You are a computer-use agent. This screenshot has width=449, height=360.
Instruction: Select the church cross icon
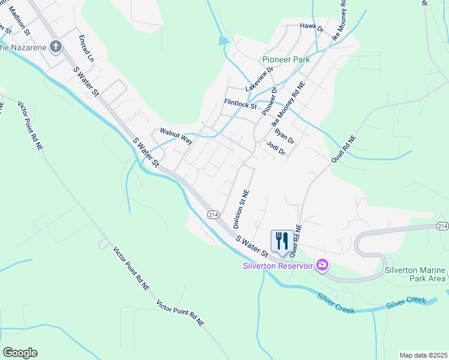coord(55,46)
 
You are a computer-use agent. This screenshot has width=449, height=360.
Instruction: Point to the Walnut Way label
coord(176,136)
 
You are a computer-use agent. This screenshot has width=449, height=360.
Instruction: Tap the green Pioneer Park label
coord(286,60)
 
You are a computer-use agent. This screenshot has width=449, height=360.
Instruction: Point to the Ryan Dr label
coord(285,136)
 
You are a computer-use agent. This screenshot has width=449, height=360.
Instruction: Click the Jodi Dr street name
coord(275,148)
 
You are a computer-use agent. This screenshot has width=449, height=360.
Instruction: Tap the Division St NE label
coord(241,209)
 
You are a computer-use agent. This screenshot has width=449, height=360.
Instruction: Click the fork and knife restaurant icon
coord(282,241)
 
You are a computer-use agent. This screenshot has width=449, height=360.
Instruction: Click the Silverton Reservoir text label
coord(278,266)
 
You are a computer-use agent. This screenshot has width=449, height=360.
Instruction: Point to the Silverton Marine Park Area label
coord(417,274)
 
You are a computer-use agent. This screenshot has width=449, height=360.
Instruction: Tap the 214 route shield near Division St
coord(212,214)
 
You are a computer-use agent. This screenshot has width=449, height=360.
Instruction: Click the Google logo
coord(20,353)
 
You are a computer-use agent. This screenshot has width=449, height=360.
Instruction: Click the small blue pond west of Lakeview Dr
coord(223,41)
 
